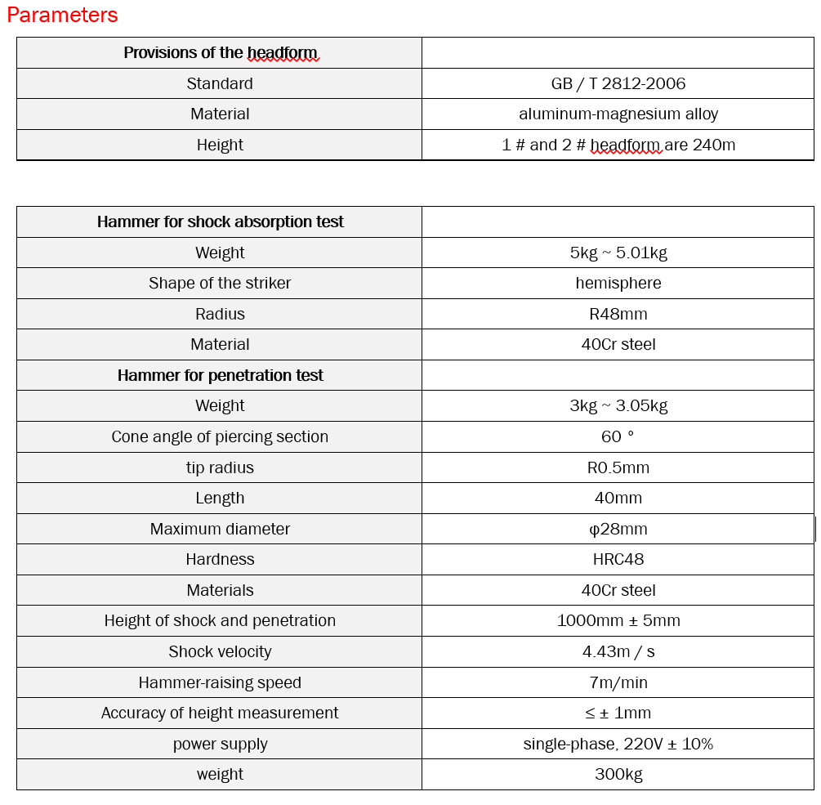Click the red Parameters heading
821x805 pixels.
click(x=63, y=16)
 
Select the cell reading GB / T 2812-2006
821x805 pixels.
click(x=618, y=83)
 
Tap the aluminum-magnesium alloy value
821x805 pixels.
click(x=618, y=114)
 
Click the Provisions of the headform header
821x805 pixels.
click(x=220, y=53)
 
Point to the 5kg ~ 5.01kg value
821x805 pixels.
click(x=618, y=253)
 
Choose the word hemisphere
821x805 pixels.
click(x=618, y=284)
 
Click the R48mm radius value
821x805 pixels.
click(x=618, y=314)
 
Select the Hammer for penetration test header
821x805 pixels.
click(x=220, y=376)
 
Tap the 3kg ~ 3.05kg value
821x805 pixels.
click(x=618, y=406)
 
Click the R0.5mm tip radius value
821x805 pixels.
click(x=618, y=468)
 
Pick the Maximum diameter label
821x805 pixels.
click(x=220, y=530)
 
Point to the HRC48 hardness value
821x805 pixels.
click(x=618, y=560)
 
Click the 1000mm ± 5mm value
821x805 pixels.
click(x=618, y=621)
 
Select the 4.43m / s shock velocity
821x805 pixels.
click(x=618, y=652)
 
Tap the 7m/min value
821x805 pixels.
click(x=618, y=683)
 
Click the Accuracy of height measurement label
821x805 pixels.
click(x=220, y=713)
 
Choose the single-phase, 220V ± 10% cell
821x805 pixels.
click(x=618, y=745)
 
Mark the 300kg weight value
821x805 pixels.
click(x=618, y=775)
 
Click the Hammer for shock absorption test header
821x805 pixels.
click(x=220, y=222)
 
